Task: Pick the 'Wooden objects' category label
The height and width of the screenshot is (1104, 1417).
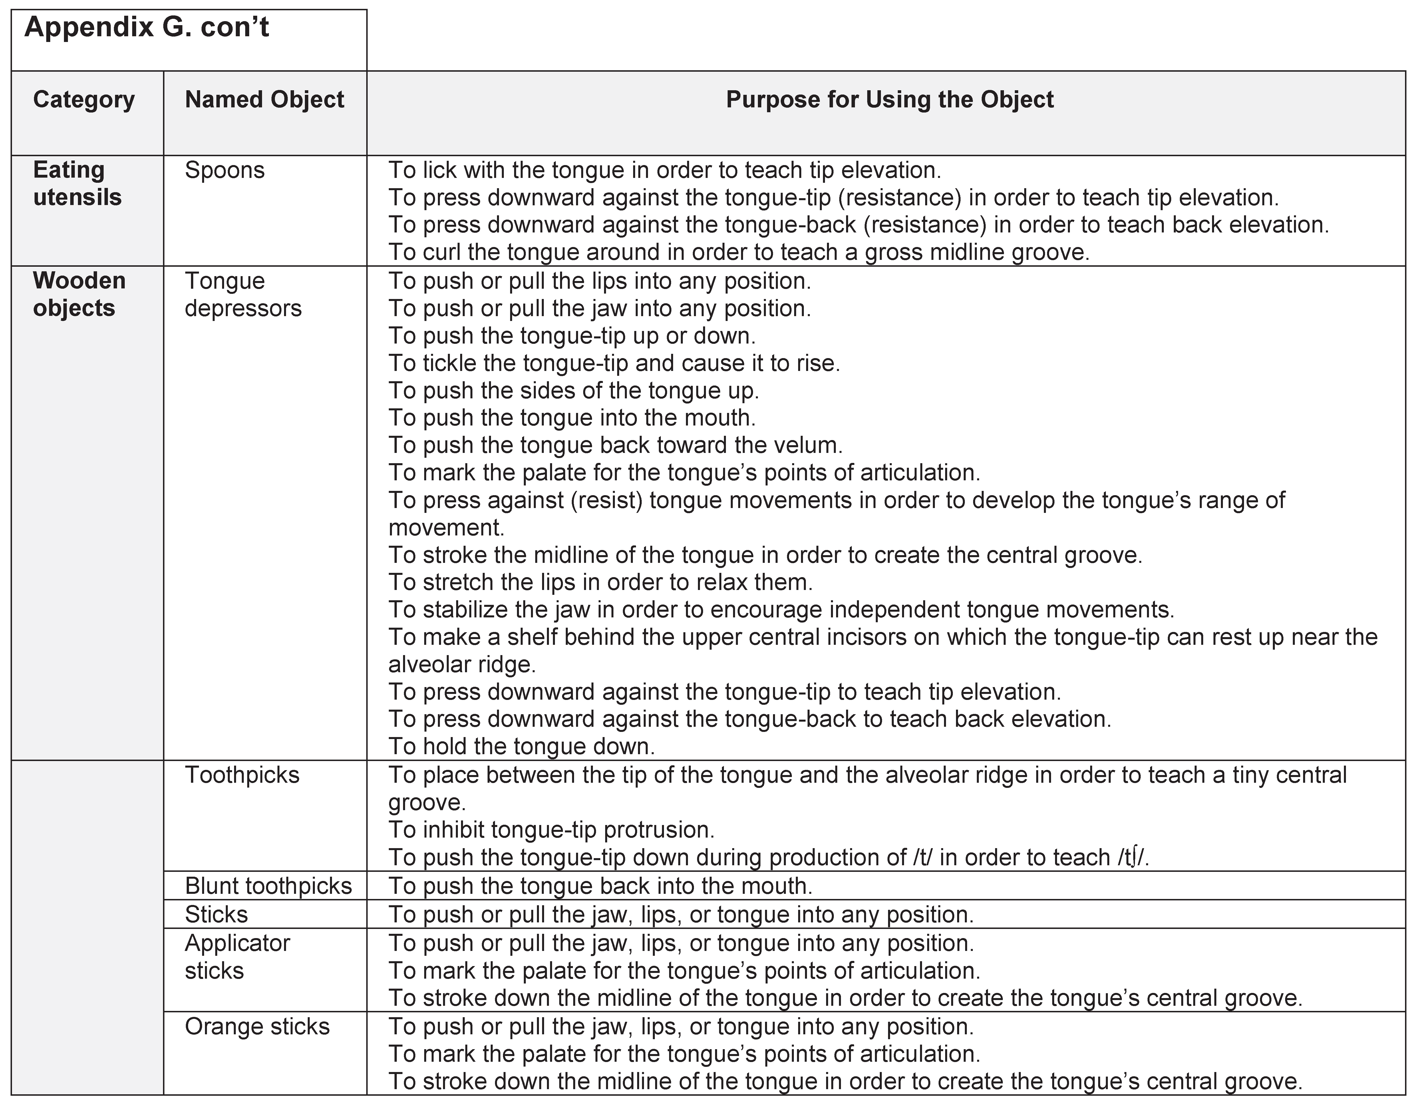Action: pos(79,294)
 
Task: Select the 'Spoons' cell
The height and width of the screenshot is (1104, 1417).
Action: pos(224,170)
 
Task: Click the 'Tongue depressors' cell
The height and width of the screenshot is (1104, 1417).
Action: pos(243,294)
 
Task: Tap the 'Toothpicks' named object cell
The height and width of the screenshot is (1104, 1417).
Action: pos(242,775)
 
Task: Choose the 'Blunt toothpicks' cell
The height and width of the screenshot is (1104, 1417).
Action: pos(268,886)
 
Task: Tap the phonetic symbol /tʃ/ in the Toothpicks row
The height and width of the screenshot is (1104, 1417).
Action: pos(1132,857)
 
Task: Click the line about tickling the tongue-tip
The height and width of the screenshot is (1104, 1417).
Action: pos(614,363)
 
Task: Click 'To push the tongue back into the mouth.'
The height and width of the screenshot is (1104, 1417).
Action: pos(600,886)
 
